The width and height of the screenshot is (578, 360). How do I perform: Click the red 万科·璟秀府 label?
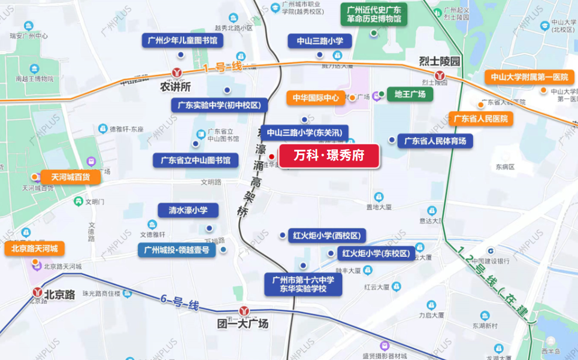point(329,156)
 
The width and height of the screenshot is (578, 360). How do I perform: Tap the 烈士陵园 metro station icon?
point(440,75)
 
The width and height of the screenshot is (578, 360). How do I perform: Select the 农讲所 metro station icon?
point(177,72)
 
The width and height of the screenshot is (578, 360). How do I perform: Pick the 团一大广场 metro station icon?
point(243,311)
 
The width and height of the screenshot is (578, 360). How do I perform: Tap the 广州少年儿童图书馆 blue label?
point(183,41)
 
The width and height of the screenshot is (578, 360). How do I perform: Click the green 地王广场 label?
point(410,94)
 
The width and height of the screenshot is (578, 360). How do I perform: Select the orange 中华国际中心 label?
point(316,98)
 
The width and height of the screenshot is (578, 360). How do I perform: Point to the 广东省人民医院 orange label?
point(480,119)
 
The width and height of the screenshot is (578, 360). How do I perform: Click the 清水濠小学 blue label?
point(188,210)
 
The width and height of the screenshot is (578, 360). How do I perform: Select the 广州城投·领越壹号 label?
point(177,250)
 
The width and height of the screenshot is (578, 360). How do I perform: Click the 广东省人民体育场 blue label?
point(435,141)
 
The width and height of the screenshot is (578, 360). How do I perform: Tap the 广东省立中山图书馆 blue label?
point(196,160)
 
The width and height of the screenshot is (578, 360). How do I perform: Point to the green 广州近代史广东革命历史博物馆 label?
point(374,15)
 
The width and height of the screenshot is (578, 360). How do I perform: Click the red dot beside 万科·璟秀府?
point(271,156)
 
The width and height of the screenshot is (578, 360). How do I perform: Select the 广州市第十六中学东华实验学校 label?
point(304,284)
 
